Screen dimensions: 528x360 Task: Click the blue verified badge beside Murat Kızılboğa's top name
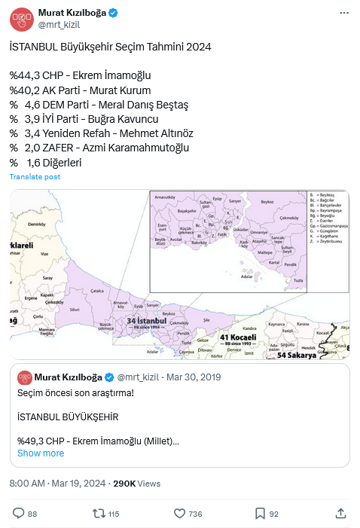(112, 13)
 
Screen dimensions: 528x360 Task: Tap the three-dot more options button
(343, 13)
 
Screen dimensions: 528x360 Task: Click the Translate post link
(35, 176)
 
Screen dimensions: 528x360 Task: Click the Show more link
(41, 453)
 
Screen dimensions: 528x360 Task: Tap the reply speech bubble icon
(19, 513)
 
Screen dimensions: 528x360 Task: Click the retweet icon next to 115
(98, 513)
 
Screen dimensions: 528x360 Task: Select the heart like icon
(179, 513)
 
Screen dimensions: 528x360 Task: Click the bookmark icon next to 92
(259, 513)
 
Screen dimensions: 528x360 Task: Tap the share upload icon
(340, 513)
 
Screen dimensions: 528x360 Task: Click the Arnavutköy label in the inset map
(163, 197)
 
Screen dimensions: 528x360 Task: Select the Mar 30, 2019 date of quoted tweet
(194, 377)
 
